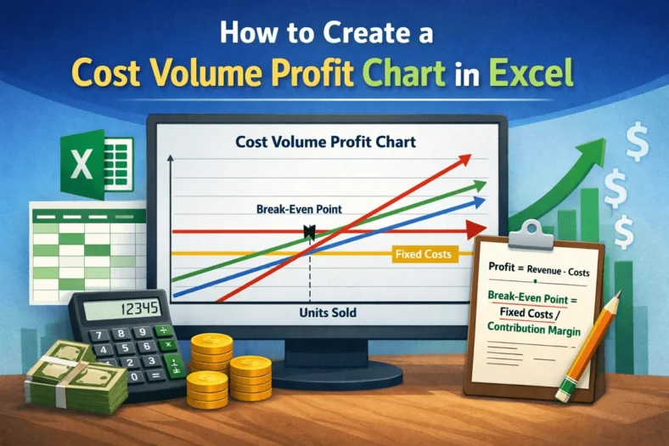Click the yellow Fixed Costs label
tap(423, 254)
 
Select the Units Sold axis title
tap(328, 313)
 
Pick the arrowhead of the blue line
tap(480, 201)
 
